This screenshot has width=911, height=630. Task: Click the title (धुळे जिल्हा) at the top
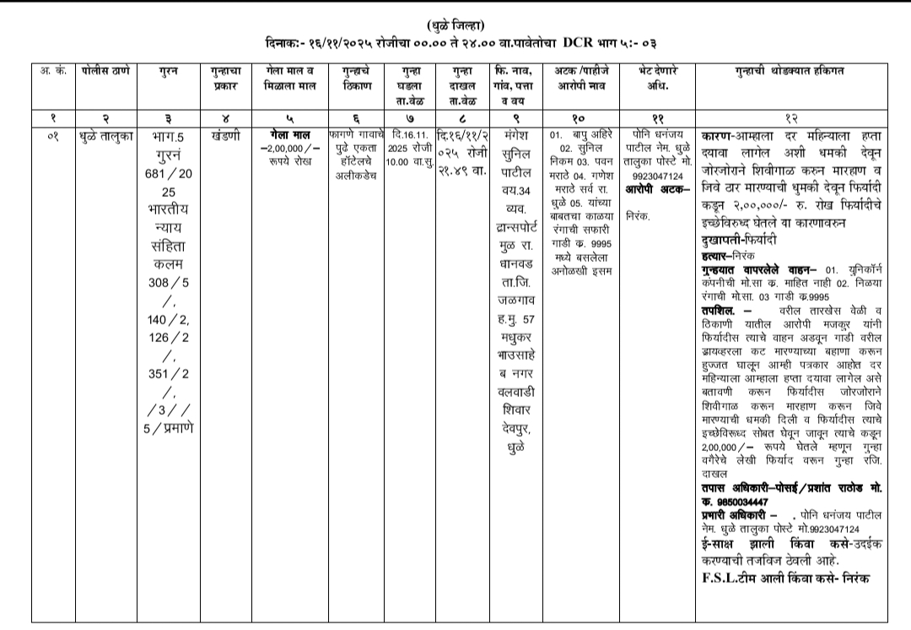(455, 24)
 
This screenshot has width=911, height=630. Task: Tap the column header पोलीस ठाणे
(105, 71)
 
